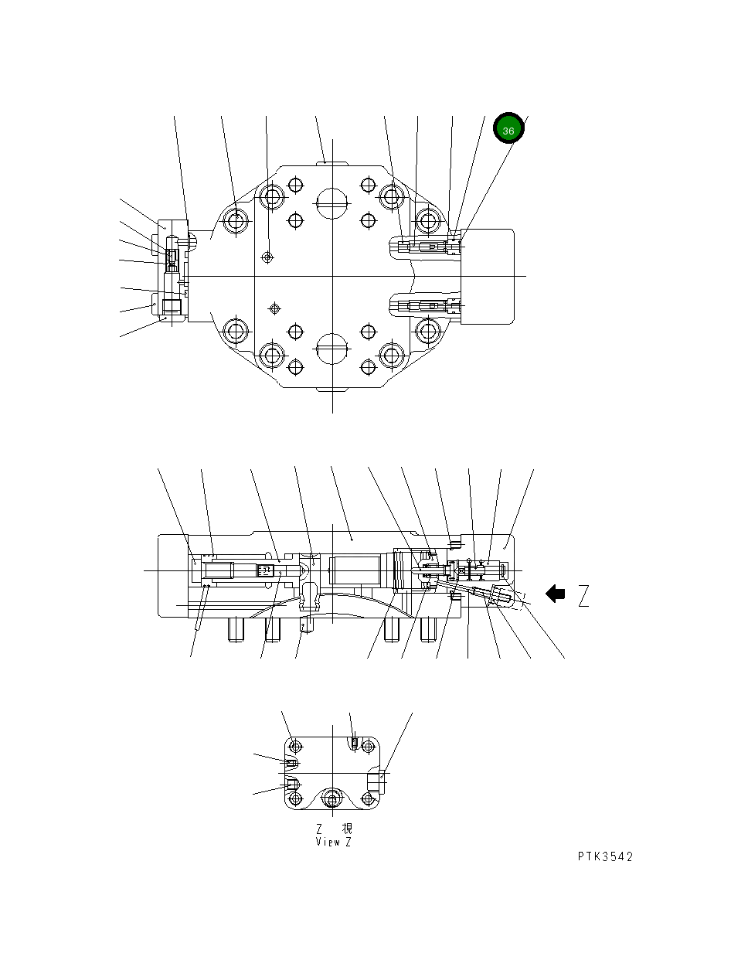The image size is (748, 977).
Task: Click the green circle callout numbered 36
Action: point(508,130)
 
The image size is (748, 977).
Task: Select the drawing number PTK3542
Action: point(605,856)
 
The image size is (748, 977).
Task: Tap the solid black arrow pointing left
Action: point(555,594)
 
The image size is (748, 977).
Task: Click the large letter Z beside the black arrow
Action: point(583,596)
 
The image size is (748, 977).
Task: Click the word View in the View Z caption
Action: point(328,842)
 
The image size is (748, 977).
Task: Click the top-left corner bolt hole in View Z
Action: point(294,746)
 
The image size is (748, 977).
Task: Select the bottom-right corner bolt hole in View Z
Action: point(371,800)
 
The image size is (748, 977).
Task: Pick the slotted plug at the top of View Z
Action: point(354,744)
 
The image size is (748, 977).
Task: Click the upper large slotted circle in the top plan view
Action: point(332,203)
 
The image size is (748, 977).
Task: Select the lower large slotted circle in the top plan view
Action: point(332,349)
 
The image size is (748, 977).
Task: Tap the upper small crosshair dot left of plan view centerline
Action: point(267,257)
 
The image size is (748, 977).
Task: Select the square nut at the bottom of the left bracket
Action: point(171,307)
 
